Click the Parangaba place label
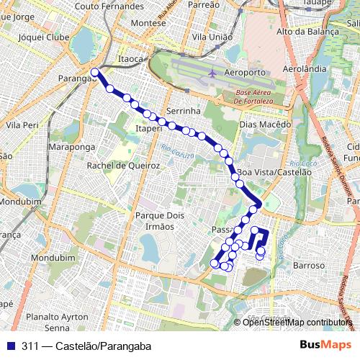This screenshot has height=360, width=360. click(75, 80)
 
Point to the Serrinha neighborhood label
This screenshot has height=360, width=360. click(182, 112)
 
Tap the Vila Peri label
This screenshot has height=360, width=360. click(22, 125)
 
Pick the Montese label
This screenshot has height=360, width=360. click(148, 22)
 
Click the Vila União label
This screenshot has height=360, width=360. click(211, 36)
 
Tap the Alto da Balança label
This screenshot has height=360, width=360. click(307, 32)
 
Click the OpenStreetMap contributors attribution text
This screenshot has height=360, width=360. click(297, 323)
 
